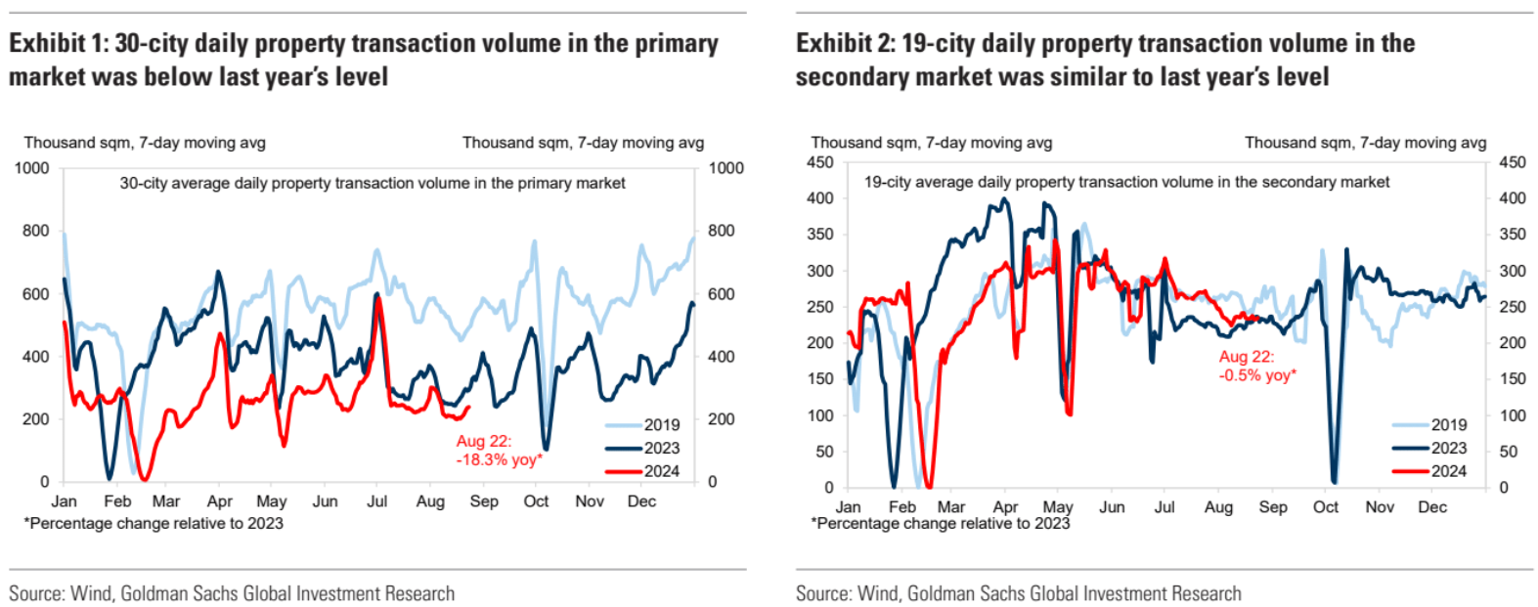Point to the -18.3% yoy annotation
pyautogui.click(x=499, y=451)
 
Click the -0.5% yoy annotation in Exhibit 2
pyautogui.click(x=1256, y=367)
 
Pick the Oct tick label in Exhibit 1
pyautogui.click(x=536, y=501)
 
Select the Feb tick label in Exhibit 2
pyautogui.click(x=901, y=507)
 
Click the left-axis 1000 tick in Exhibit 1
pyautogui.click(x=31, y=168)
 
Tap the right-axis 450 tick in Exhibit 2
pyautogui.click(x=1512, y=162)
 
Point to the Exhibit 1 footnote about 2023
pyautogui.click(x=154, y=523)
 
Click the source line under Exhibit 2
pyautogui.click(x=1018, y=593)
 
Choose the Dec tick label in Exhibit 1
pyautogui.click(x=641, y=501)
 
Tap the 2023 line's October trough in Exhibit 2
pyautogui.click(x=1334, y=480)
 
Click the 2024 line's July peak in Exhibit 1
pyautogui.click(x=377, y=298)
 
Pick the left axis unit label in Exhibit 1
pyautogui.click(x=145, y=143)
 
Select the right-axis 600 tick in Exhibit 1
pyautogui.click(x=721, y=294)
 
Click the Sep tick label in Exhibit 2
pyautogui.click(x=1272, y=507)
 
